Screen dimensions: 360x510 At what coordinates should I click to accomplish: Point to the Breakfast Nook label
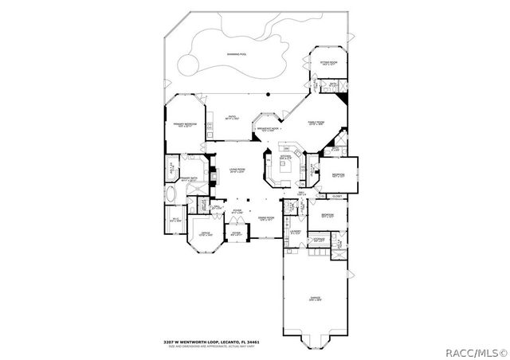(267, 127)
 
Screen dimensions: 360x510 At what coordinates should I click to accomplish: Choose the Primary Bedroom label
(186, 125)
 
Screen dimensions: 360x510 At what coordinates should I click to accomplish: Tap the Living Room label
(237, 170)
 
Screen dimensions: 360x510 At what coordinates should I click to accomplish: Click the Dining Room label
(265, 217)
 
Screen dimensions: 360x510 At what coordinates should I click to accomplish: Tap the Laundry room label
(295, 232)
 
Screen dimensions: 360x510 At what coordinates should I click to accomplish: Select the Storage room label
(318, 239)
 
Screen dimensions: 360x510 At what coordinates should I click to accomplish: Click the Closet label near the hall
(337, 194)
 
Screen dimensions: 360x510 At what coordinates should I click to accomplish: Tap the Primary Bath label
(190, 179)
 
